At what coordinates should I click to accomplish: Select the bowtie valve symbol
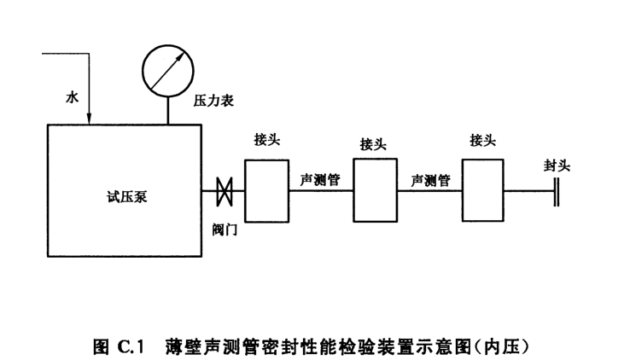pos(224,190)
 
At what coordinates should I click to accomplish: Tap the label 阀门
pos(225,229)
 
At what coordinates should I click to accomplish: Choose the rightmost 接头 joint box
pos(484,190)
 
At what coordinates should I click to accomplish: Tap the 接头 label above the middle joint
pos(373,145)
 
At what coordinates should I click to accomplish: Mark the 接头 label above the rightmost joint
pos(482,141)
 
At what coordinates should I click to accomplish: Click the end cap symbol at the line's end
pos(556,190)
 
